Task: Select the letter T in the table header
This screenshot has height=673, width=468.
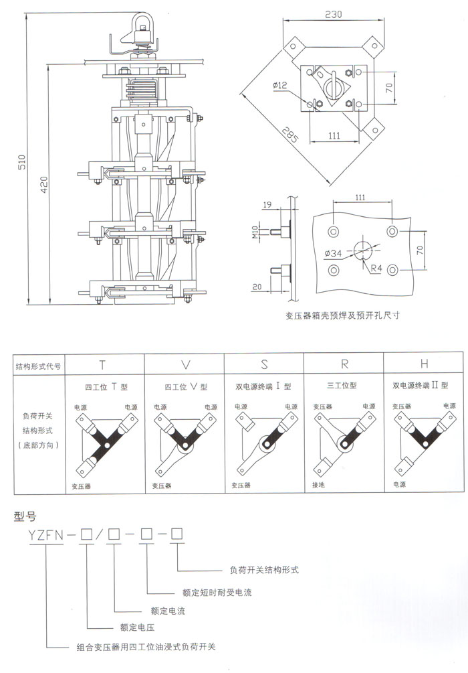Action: tap(102, 364)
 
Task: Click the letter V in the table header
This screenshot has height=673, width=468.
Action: tap(186, 364)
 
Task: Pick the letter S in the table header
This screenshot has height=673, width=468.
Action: tap(264, 364)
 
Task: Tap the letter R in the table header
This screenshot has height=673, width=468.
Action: tap(344, 364)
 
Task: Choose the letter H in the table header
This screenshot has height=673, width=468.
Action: tap(424, 364)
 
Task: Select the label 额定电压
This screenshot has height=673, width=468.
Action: tap(137, 627)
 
